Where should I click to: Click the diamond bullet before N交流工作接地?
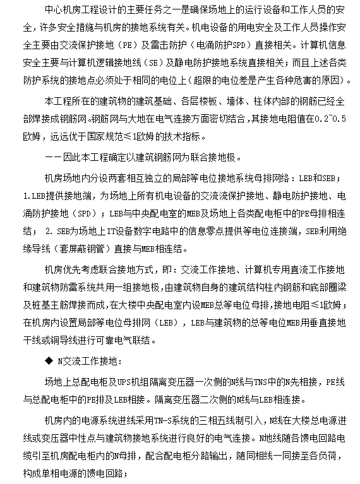(x=49, y=362)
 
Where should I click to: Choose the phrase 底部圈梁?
(x=323, y=288)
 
